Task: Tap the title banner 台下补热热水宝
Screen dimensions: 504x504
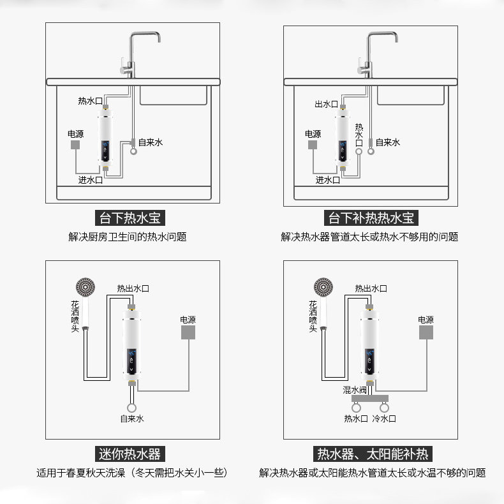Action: click(x=371, y=218)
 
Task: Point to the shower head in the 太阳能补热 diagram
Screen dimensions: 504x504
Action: click(x=322, y=287)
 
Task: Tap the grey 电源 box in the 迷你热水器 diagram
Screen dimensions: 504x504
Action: click(x=188, y=334)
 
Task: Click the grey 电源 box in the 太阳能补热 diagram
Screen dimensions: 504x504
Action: click(x=426, y=334)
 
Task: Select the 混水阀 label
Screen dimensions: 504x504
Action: click(x=355, y=389)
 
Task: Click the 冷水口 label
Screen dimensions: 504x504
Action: click(x=384, y=419)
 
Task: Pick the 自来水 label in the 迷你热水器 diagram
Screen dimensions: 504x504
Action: click(x=132, y=419)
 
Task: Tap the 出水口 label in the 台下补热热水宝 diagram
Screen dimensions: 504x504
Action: click(x=326, y=104)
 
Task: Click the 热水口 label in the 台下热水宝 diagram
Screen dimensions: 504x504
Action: click(x=89, y=101)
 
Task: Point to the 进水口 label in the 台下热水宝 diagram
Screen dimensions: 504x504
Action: click(x=90, y=180)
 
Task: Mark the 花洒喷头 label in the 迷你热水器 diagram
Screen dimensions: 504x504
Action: click(x=75, y=315)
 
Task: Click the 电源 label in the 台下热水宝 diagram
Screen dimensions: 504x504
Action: click(x=75, y=134)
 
